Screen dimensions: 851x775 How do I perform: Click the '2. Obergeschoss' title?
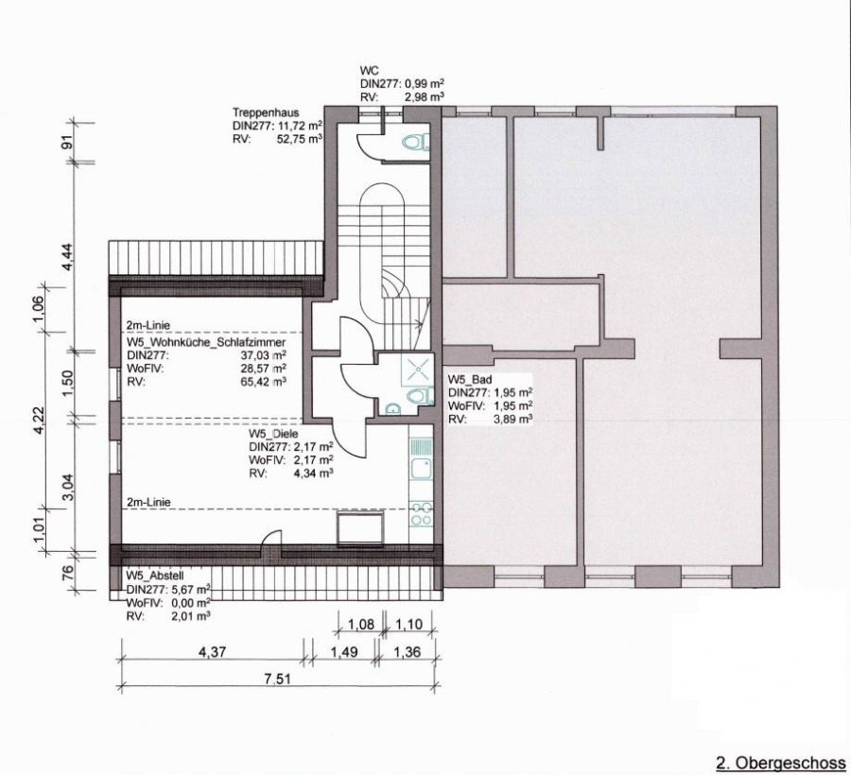click(x=781, y=763)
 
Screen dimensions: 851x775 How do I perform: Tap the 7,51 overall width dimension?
click(x=277, y=679)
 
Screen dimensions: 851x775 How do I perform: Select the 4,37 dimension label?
click(x=211, y=651)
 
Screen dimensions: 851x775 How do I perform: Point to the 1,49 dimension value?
click(x=343, y=651)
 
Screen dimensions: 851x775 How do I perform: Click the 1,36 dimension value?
click(x=407, y=651)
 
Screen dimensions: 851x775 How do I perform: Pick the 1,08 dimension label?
click(x=360, y=624)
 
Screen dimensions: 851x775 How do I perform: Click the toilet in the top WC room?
click(x=416, y=143)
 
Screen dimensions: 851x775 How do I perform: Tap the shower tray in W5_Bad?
click(x=417, y=370)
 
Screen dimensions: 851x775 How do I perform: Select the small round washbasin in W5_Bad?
click(x=391, y=408)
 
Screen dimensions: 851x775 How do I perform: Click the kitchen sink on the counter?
click(x=421, y=468)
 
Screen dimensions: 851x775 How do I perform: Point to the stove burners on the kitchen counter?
click(x=421, y=514)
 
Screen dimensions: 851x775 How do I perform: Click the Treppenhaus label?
click(x=266, y=112)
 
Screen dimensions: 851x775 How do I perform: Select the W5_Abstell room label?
click(x=155, y=576)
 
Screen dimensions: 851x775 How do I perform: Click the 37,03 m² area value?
click(x=262, y=355)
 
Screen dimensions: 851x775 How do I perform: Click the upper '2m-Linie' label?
click(x=148, y=325)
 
